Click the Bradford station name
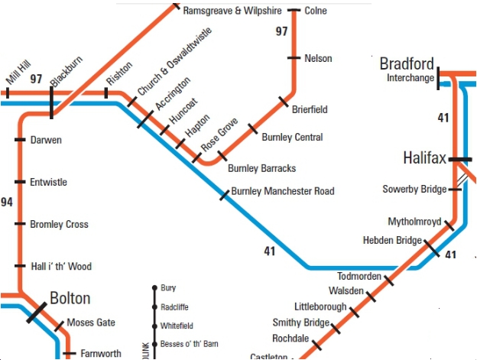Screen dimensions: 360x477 click(x=407, y=63)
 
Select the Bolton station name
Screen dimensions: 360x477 click(x=70, y=298)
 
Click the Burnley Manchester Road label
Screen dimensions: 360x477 click(x=282, y=191)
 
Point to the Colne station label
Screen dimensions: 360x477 click(x=316, y=11)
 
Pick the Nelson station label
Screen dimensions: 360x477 click(x=318, y=58)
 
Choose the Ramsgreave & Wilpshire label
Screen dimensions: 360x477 click(x=232, y=11)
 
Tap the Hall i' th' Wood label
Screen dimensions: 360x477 click(x=60, y=267)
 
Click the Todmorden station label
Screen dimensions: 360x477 click(x=359, y=276)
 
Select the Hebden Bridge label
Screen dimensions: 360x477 click(x=391, y=241)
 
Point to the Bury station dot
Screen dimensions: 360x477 click(x=154, y=288)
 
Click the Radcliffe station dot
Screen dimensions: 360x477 click(x=154, y=306)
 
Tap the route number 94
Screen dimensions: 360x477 click(x=7, y=203)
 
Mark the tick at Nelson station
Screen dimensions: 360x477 click(x=294, y=58)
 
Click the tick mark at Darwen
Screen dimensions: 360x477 click(x=20, y=140)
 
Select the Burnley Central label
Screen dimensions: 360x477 click(x=292, y=138)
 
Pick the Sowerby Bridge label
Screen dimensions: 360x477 click(x=414, y=189)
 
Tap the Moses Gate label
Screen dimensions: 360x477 click(x=91, y=323)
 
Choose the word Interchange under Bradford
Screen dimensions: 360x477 click(x=410, y=78)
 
